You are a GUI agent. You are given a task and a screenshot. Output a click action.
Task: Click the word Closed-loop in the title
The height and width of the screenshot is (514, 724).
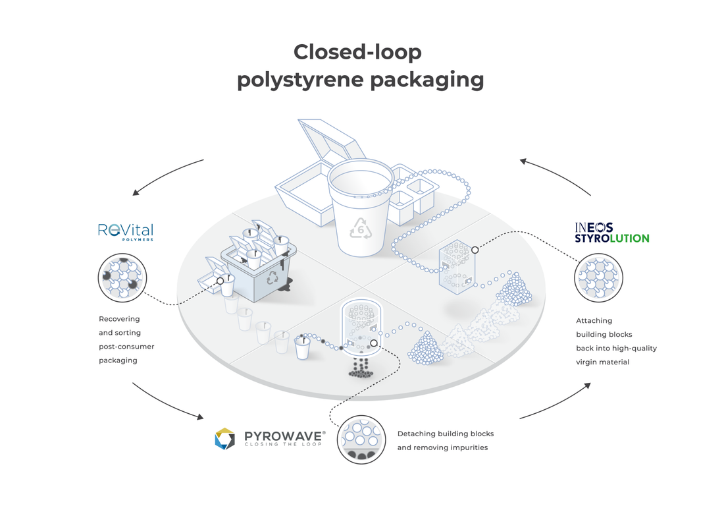click(x=357, y=52)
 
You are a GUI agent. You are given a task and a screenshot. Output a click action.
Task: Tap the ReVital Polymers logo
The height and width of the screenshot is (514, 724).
click(x=125, y=231)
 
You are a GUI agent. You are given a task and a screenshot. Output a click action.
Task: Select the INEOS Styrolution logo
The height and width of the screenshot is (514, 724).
click(x=611, y=233)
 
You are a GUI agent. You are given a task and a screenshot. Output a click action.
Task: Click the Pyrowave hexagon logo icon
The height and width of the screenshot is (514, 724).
click(x=224, y=438)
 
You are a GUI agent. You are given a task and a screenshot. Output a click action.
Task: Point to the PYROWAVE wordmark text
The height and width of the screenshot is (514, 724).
click(x=284, y=436)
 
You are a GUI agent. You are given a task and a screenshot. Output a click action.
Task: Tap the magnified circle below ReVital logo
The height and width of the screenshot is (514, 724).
click(x=122, y=278)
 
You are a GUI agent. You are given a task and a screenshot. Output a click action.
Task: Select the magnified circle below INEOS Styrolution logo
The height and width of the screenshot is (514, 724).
click(x=598, y=278)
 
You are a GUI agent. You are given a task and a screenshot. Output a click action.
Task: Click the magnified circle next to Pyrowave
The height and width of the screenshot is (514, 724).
click(x=361, y=440)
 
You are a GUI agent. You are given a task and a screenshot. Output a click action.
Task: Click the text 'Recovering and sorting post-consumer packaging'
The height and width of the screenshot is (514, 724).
click(x=127, y=339)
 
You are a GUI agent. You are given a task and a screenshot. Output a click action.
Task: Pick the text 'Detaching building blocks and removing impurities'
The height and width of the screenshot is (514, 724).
click(x=445, y=440)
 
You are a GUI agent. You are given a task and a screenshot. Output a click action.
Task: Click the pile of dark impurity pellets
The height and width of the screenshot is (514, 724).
click(x=360, y=370)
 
